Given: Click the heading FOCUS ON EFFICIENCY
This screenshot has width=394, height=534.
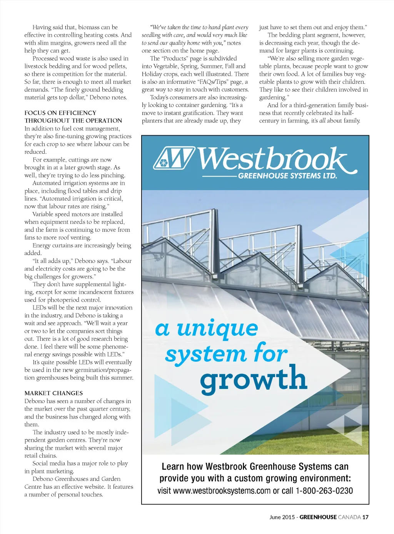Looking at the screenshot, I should tap(60, 113).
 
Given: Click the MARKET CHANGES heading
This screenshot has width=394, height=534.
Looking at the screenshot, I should tap(53, 393).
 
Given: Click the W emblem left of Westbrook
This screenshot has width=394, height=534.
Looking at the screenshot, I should tap(174, 158).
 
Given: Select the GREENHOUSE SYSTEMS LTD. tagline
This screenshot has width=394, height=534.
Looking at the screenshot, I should tap(287, 176).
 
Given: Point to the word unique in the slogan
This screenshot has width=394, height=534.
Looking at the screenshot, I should tap(217, 329).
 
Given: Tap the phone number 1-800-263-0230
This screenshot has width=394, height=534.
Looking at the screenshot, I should tap(324, 491).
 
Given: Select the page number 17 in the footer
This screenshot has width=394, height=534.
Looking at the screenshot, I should tap(365, 517).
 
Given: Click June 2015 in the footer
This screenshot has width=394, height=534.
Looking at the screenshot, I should tap(282, 517).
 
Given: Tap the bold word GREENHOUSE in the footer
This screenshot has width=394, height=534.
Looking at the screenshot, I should tap(318, 517).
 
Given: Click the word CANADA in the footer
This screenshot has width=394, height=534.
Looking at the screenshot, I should tap(349, 517).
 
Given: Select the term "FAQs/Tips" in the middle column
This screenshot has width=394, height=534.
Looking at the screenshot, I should tap(213, 82).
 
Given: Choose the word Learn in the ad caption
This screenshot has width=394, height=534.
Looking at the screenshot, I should tap(173, 467).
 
